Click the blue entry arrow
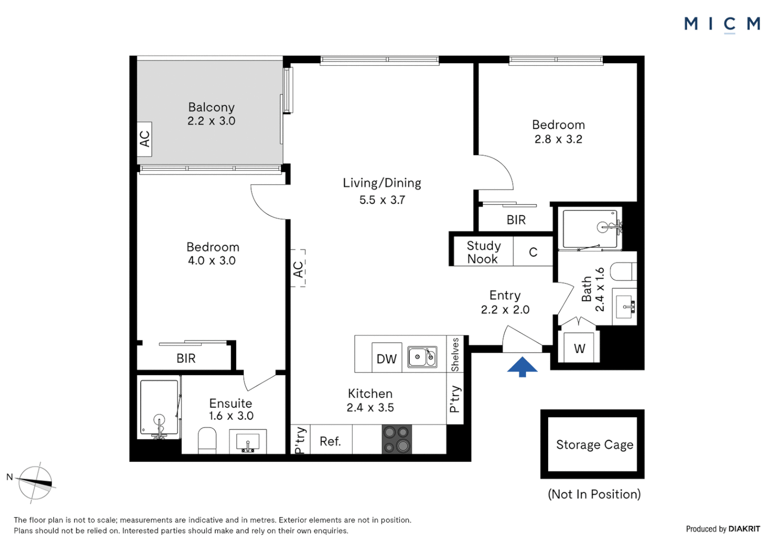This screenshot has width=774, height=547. (522, 367)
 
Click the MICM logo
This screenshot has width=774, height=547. (722, 24)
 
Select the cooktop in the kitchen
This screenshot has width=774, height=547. (397, 439)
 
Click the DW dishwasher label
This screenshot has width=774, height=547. (386, 359)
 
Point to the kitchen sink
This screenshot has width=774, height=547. (422, 357)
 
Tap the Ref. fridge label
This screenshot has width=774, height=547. (330, 441)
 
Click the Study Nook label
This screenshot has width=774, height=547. (483, 252)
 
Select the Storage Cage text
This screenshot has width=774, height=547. (594, 445)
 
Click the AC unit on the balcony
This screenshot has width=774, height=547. (145, 138)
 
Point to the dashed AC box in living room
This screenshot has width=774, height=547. (298, 268)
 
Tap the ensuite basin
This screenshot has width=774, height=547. (248, 442)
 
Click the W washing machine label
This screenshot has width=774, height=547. (579, 348)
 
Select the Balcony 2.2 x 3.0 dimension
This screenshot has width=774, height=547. (211, 121)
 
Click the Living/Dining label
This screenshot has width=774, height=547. (382, 183)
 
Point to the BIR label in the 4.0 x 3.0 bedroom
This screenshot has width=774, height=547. (186, 359)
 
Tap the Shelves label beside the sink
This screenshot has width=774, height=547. (455, 354)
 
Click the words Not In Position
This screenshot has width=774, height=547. (594, 494)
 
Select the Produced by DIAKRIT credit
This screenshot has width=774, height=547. (723, 529)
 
